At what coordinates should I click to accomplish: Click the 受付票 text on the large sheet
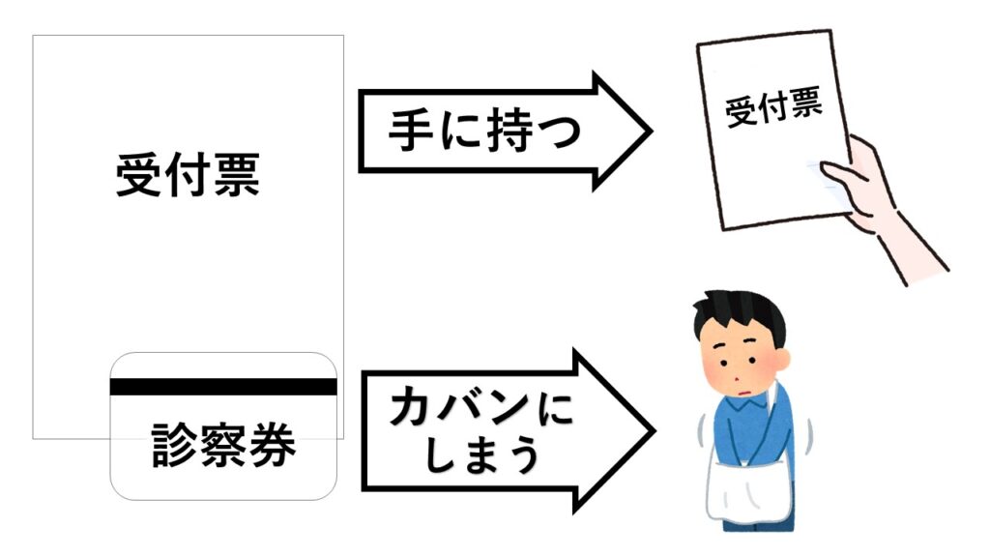coord(188,175)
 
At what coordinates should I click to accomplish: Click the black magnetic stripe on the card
coord(223,387)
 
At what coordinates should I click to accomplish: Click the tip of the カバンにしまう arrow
coord(650,429)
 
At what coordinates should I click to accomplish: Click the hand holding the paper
coord(870,189)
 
